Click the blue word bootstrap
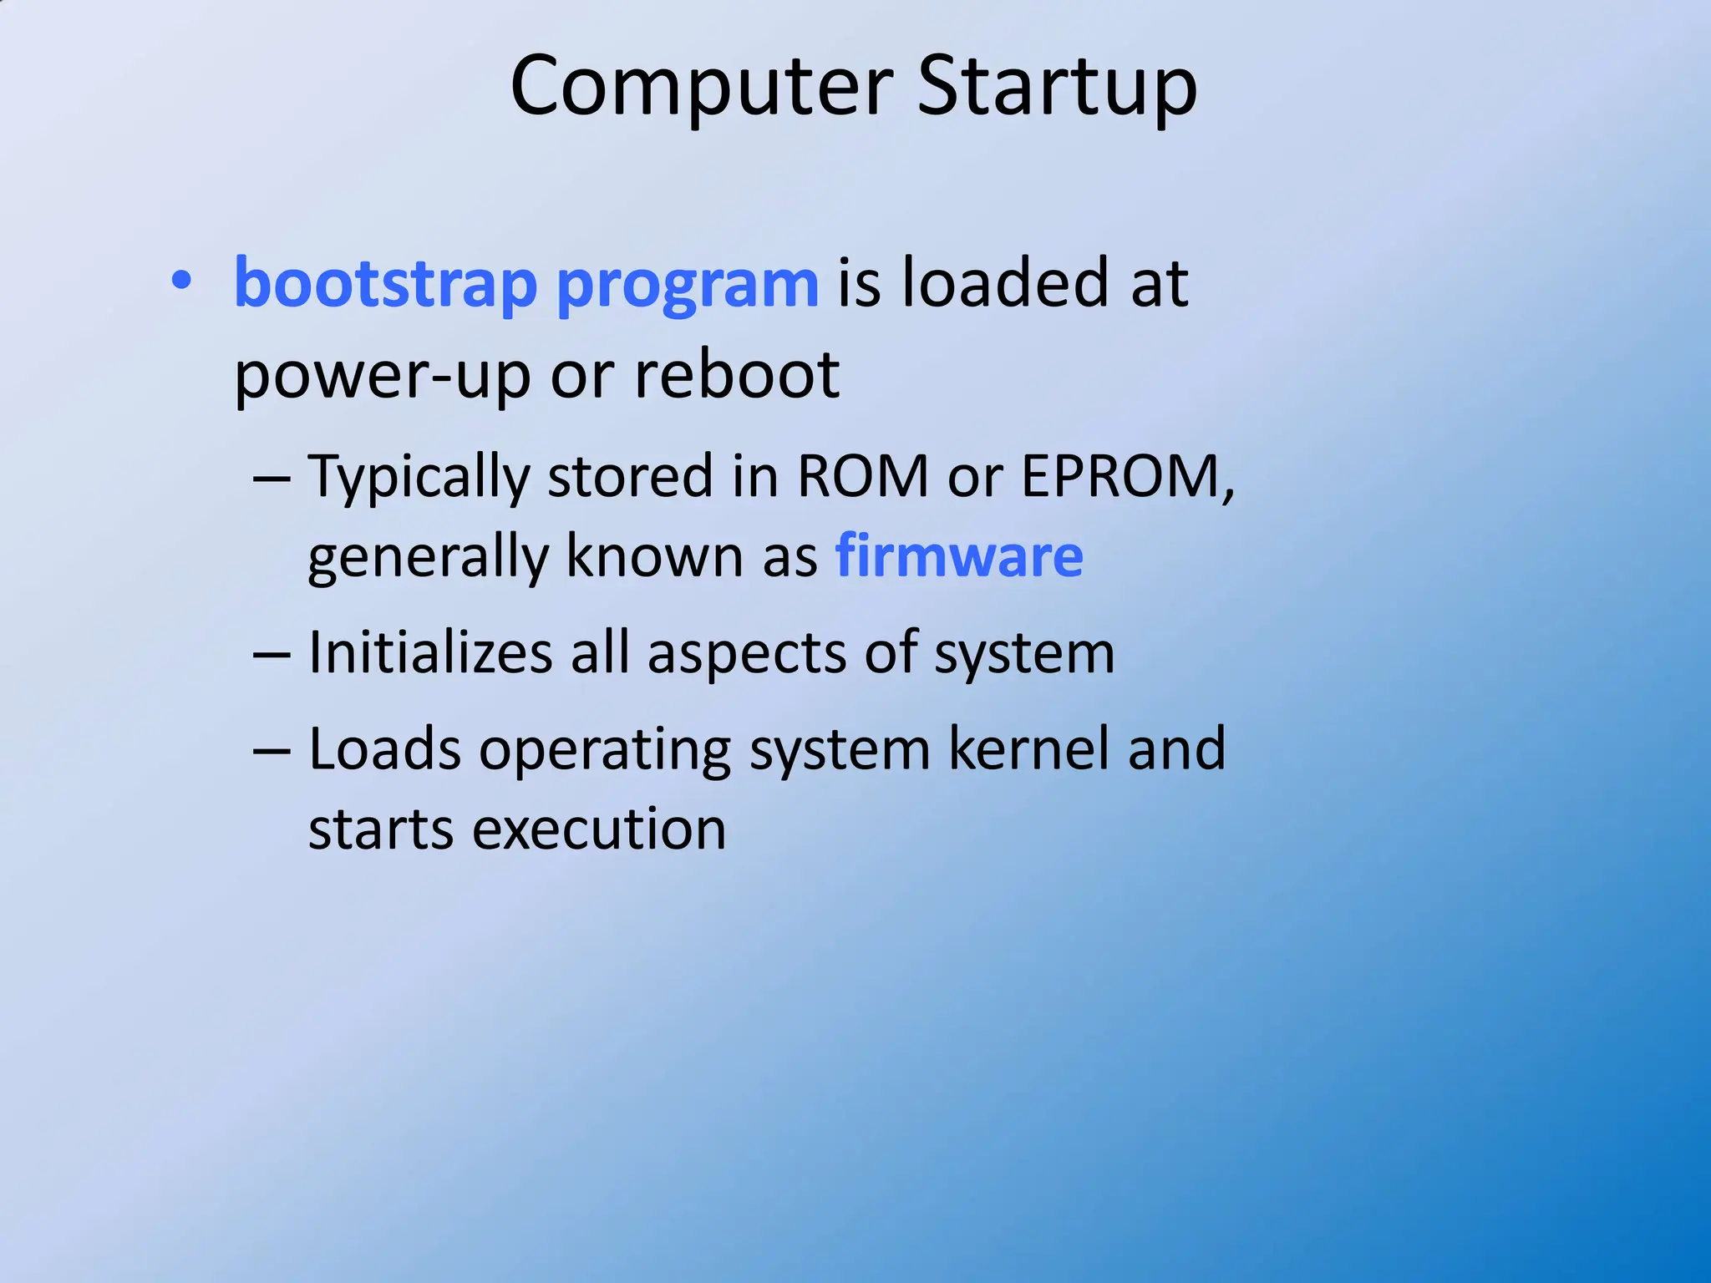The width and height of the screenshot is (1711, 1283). (x=385, y=284)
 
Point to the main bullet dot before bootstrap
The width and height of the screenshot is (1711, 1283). (x=180, y=281)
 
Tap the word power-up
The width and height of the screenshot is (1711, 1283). (x=382, y=376)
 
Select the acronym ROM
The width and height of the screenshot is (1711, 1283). (x=862, y=476)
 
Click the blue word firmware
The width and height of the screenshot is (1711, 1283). (x=959, y=555)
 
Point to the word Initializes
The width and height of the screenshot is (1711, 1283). (x=430, y=652)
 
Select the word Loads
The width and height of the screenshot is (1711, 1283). (x=384, y=748)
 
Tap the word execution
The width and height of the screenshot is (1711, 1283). (x=599, y=829)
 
